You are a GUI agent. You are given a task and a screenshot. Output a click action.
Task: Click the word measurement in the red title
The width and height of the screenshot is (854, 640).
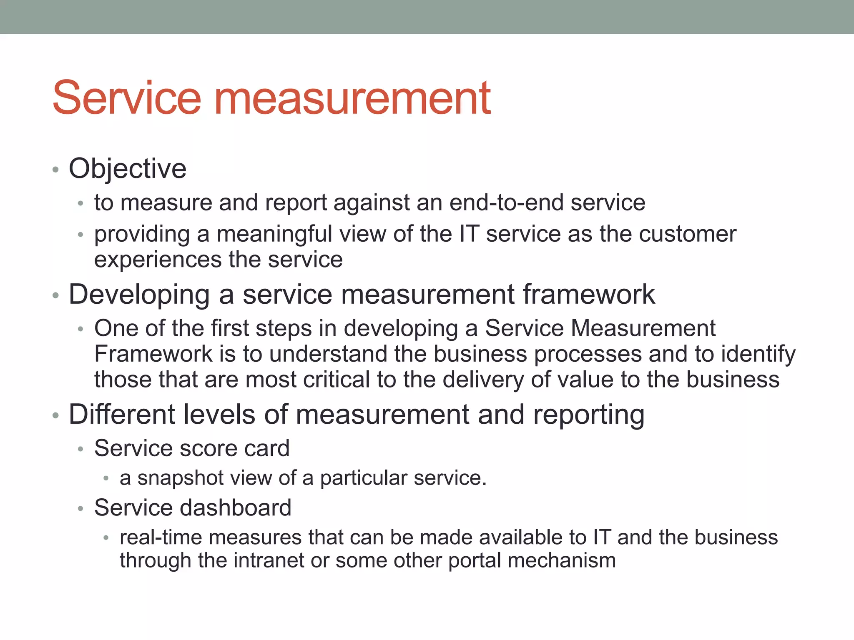(352, 99)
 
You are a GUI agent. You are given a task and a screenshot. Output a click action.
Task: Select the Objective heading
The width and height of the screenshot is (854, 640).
(127, 169)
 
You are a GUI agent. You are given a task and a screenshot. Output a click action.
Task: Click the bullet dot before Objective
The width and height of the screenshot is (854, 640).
(55, 170)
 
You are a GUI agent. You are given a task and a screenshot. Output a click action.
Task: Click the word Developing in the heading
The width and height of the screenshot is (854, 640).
(139, 295)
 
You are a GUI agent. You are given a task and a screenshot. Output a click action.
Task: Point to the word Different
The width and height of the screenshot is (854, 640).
(122, 415)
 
